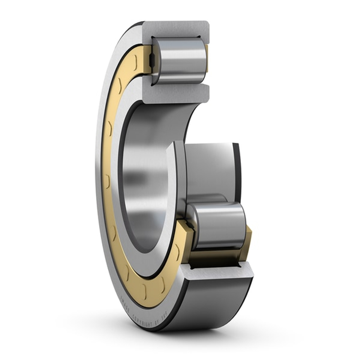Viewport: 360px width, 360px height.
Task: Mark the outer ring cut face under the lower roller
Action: [x=216, y=274]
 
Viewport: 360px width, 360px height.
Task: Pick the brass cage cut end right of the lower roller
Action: [x=248, y=236]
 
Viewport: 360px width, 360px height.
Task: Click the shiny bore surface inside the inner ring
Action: [x=144, y=180]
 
